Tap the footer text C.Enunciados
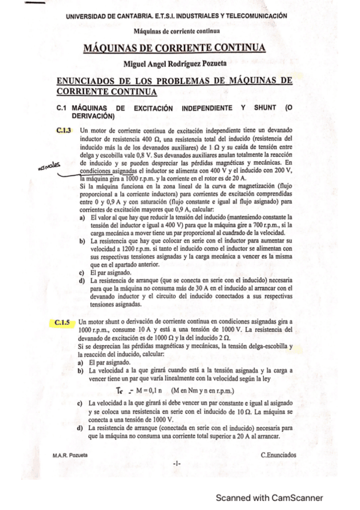(x=278, y=455)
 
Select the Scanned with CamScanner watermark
(x=269, y=497)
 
